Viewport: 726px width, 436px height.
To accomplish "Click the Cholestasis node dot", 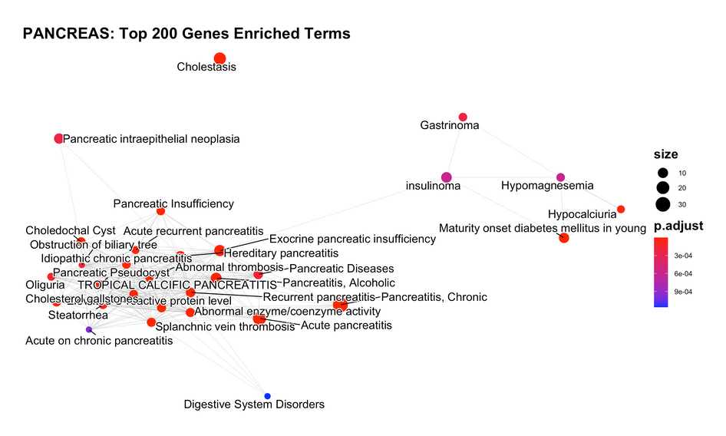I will coord(219,58).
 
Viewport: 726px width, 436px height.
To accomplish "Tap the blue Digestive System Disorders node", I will coord(267,396).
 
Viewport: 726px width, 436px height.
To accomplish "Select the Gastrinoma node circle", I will coord(463,117).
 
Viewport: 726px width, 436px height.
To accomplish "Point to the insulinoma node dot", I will coord(446,177).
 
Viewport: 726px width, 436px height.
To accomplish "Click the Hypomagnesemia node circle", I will coord(560,177).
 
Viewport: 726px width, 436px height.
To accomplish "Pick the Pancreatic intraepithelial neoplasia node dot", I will coord(59,138).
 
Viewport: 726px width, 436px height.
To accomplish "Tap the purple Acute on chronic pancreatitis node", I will coord(89,329).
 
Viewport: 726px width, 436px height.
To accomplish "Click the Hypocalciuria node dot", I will coord(621,209).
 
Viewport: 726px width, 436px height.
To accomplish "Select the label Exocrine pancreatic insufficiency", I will coord(352,239).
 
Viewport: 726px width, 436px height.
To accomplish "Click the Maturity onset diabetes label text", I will coord(542,227).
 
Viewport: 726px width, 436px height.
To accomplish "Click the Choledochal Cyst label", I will coord(71,230).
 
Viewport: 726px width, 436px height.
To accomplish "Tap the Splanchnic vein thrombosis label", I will coord(225,326).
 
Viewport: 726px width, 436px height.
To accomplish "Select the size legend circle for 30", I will coord(662,204).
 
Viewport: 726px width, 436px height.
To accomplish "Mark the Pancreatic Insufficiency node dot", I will coord(160,211).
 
